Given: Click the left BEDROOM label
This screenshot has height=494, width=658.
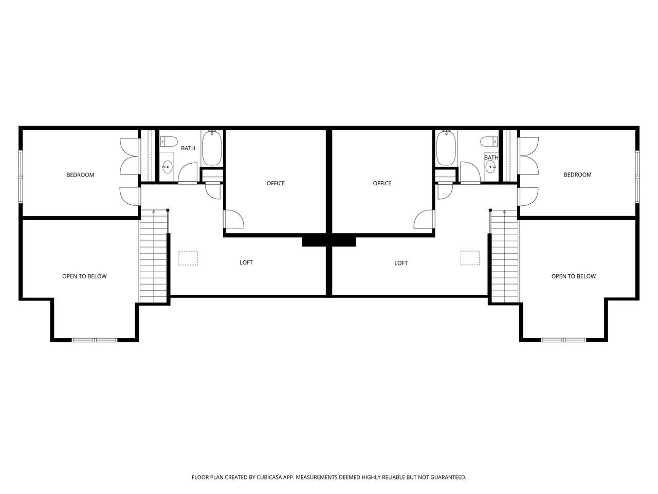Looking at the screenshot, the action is pyautogui.click(x=80, y=175).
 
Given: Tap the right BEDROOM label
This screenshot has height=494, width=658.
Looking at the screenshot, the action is pyautogui.click(x=577, y=175).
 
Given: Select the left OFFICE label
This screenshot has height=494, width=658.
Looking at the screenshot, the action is pyautogui.click(x=276, y=183).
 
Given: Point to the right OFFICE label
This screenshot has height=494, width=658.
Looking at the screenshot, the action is pyautogui.click(x=382, y=183).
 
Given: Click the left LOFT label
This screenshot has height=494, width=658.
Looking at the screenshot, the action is pyautogui.click(x=246, y=262).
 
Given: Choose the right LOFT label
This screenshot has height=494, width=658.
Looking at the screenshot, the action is pyautogui.click(x=401, y=263).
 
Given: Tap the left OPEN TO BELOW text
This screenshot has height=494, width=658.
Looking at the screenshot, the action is pyautogui.click(x=84, y=276).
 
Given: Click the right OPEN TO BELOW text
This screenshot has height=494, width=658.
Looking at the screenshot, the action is pyautogui.click(x=574, y=276).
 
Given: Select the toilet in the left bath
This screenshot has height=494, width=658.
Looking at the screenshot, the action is pyautogui.click(x=169, y=142).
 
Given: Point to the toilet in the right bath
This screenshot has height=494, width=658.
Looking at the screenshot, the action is pyautogui.click(x=489, y=142).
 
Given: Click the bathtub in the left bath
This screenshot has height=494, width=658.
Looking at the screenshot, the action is pyautogui.click(x=212, y=148).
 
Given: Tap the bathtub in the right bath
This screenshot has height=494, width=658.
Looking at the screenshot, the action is pyautogui.click(x=446, y=148).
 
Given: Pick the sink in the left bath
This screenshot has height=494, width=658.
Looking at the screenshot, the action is pyautogui.click(x=167, y=166).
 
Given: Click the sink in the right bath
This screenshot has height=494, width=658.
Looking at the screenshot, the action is pyautogui.click(x=491, y=166).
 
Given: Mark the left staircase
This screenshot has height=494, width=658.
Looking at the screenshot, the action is pyautogui.click(x=154, y=256).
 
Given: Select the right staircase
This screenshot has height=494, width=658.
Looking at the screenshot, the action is pyautogui.click(x=504, y=256).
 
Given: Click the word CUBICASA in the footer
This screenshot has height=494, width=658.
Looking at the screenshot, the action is pyautogui.click(x=269, y=477).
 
